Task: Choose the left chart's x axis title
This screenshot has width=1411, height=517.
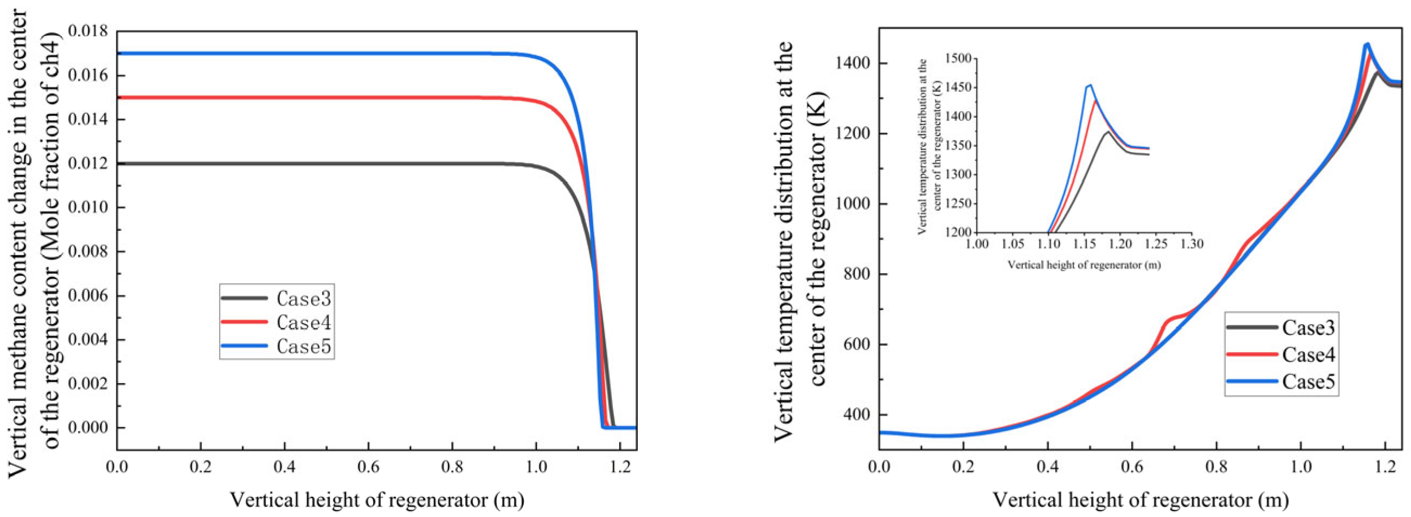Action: (x=376, y=500)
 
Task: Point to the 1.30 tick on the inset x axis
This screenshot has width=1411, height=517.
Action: (x=1192, y=243)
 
